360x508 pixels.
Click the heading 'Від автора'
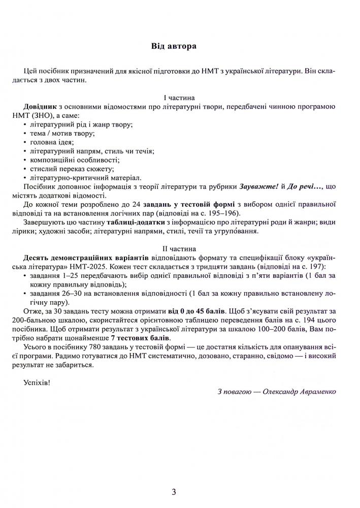tap(174, 46)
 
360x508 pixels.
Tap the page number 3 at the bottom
tap(174, 491)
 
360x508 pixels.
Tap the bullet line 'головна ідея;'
tap(52, 143)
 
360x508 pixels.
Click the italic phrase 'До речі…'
tap(305, 187)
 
